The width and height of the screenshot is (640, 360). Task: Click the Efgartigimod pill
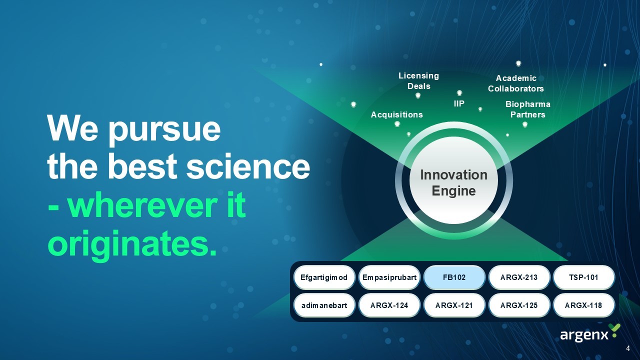pyautogui.click(x=324, y=277)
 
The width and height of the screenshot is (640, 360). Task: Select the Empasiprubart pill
pyautogui.click(x=389, y=277)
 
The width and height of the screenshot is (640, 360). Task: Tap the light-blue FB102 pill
pyautogui.click(x=454, y=277)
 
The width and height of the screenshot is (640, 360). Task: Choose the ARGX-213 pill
pyautogui.click(x=519, y=277)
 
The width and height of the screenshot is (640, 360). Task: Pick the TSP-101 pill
pyautogui.click(x=583, y=277)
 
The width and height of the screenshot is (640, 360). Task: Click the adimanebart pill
pyautogui.click(x=324, y=305)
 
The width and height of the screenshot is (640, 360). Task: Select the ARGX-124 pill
pyautogui.click(x=389, y=305)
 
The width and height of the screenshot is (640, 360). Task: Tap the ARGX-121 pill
pyautogui.click(x=454, y=305)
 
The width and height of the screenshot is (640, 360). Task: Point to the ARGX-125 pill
pyautogui.click(x=519, y=305)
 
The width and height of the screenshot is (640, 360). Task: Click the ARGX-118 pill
pyautogui.click(x=583, y=305)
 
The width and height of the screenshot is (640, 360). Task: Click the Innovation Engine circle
pyautogui.click(x=453, y=180)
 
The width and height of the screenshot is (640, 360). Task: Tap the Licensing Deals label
pyautogui.click(x=419, y=81)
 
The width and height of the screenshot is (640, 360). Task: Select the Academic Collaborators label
pyautogui.click(x=515, y=83)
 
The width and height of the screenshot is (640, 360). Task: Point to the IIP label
pyautogui.click(x=459, y=103)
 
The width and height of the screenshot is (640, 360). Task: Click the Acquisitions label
pyautogui.click(x=397, y=114)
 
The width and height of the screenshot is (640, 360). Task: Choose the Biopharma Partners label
pyautogui.click(x=527, y=109)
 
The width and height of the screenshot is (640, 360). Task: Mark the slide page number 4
pyautogui.click(x=627, y=348)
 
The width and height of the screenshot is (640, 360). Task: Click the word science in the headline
pyautogui.click(x=248, y=166)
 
